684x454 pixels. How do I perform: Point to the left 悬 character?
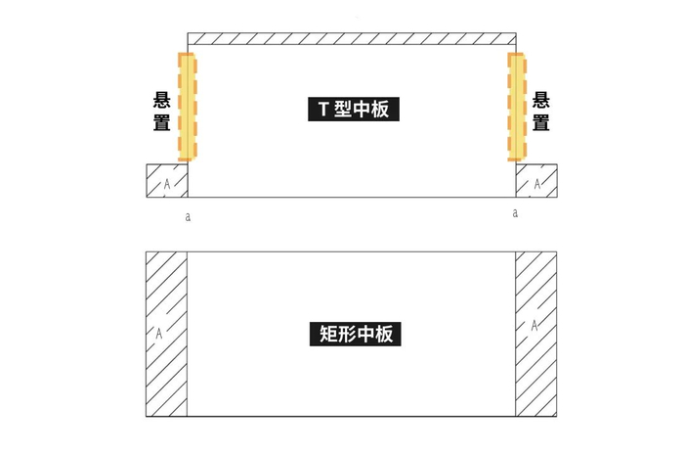pos(162,101)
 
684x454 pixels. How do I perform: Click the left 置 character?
pos(162,123)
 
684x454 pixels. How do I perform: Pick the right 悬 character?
pos(539,101)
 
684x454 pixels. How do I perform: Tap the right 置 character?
pos(539,123)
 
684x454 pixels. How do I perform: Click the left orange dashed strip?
pos(188,107)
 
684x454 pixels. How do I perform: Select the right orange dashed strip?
pos(516,107)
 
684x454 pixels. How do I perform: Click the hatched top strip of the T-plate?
pos(351,38)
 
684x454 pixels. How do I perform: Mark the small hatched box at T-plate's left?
pos(166,181)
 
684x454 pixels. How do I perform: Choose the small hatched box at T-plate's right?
pos(536,181)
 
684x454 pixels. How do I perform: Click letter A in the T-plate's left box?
pos(167,184)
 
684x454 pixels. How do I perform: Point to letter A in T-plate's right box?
pos(536,184)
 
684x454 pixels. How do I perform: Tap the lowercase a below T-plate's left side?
pos(188,216)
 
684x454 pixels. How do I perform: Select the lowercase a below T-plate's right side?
pos(515,211)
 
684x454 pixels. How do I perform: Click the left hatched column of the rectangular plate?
pos(166,334)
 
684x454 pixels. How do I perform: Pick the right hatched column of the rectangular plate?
pos(535,334)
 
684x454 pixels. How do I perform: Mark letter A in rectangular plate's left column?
pos(158,333)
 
